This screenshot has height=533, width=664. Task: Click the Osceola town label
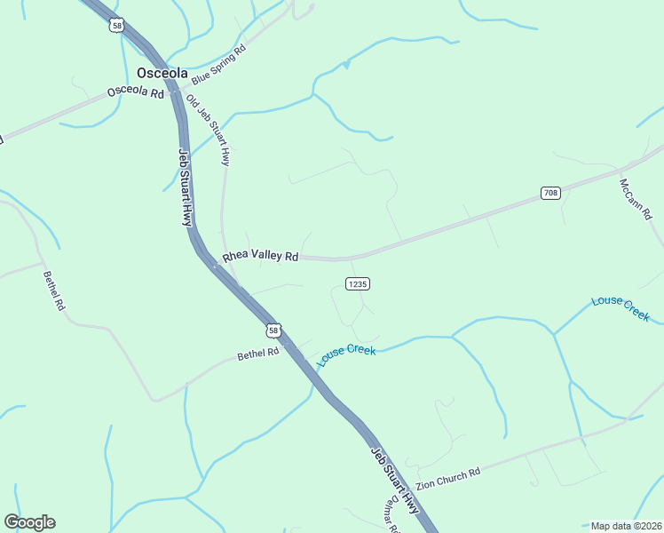coord(162,74)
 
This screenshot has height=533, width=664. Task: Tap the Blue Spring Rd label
coord(217,63)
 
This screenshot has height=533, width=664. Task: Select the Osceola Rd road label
coord(136,92)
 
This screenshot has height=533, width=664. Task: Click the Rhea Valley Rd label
coord(260,256)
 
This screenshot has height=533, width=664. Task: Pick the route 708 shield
coord(550,193)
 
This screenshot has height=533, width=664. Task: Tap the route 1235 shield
coord(358,283)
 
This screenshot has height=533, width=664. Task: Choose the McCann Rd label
coord(636,199)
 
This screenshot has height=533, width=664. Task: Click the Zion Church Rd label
coord(447,480)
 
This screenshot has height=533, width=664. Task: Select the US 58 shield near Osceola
coord(116,25)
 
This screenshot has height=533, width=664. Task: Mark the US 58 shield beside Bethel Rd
coord(273,330)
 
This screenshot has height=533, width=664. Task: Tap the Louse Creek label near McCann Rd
coord(621,307)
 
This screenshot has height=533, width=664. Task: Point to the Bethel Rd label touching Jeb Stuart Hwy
coord(258,354)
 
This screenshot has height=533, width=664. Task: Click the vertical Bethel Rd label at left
coord(54,290)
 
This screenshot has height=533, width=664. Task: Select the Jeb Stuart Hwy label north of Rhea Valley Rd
coord(186,187)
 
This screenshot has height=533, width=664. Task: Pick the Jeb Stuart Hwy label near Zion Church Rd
coord(394,480)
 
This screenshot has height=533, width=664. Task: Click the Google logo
coord(29,522)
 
